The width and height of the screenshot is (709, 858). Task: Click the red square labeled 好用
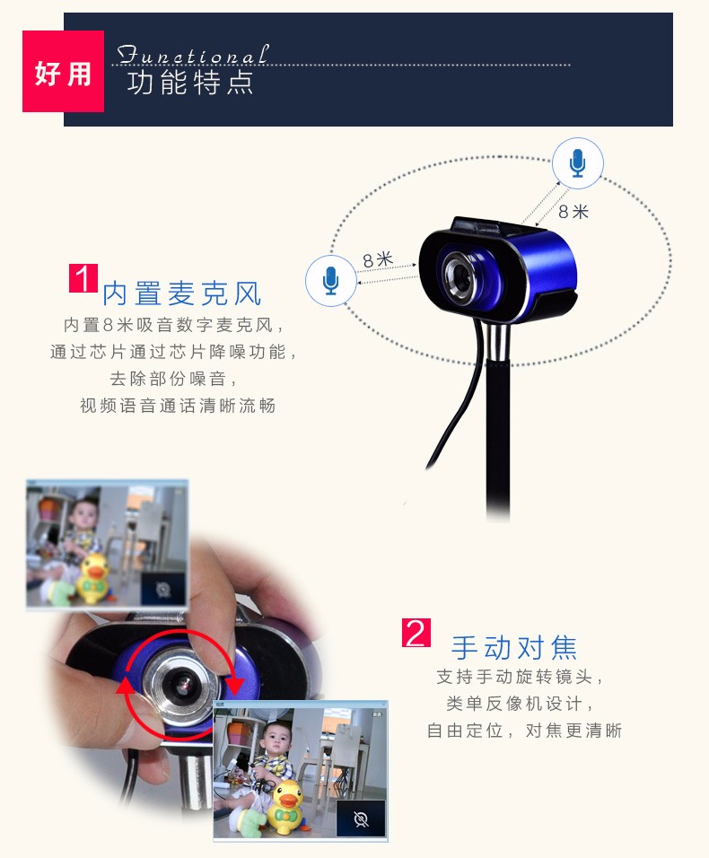[x=63, y=71]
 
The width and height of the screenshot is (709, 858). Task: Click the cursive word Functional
[x=193, y=55]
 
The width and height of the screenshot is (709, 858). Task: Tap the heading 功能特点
[x=190, y=83]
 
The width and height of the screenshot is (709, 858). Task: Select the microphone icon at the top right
[x=578, y=163]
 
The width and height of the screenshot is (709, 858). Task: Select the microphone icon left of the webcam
[x=330, y=280]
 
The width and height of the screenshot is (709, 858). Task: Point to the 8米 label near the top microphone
[x=573, y=211]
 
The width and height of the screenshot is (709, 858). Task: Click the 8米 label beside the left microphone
[x=378, y=259]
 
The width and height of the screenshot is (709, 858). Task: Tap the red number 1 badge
[x=83, y=278]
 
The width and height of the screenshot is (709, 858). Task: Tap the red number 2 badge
[x=416, y=633]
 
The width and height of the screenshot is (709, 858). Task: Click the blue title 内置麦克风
[x=182, y=293]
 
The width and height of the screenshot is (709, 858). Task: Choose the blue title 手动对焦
[x=514, y=648]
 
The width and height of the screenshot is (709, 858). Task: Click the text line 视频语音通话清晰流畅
[x=178, y=406]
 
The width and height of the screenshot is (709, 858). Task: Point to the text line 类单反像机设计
[x=519, y=703]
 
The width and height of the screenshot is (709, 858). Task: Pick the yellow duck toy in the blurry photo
[x=94, y=577]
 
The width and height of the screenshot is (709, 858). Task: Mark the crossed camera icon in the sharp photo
[x=361, y=819]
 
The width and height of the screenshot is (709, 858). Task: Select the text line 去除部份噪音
[x=173, y=378]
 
